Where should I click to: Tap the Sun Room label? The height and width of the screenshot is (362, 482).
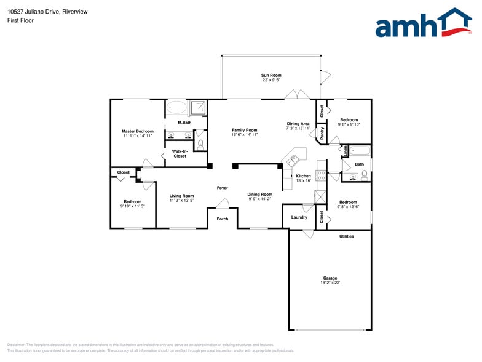271,75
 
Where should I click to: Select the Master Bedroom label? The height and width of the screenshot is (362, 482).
138,131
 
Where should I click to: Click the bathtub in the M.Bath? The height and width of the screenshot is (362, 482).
177,108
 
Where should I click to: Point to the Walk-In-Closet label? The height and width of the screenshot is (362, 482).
180,154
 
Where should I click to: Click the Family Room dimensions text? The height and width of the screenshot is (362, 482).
244,135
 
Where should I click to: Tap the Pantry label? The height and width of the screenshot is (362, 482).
322,133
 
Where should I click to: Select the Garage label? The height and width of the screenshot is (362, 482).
330,278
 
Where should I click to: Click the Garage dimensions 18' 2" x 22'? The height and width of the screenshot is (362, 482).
330,283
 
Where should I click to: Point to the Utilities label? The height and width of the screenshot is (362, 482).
347,236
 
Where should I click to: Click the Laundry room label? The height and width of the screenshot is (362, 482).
299,217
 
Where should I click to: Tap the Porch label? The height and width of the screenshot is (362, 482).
223,219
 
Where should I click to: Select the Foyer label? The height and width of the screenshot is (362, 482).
223,188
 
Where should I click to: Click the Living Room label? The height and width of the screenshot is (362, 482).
182,196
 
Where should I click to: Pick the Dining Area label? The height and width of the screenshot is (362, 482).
298,123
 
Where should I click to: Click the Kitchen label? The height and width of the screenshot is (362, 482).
304,176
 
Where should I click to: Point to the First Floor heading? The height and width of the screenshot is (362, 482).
21,20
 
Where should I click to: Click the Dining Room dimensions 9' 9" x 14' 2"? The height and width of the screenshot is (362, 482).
260,199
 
